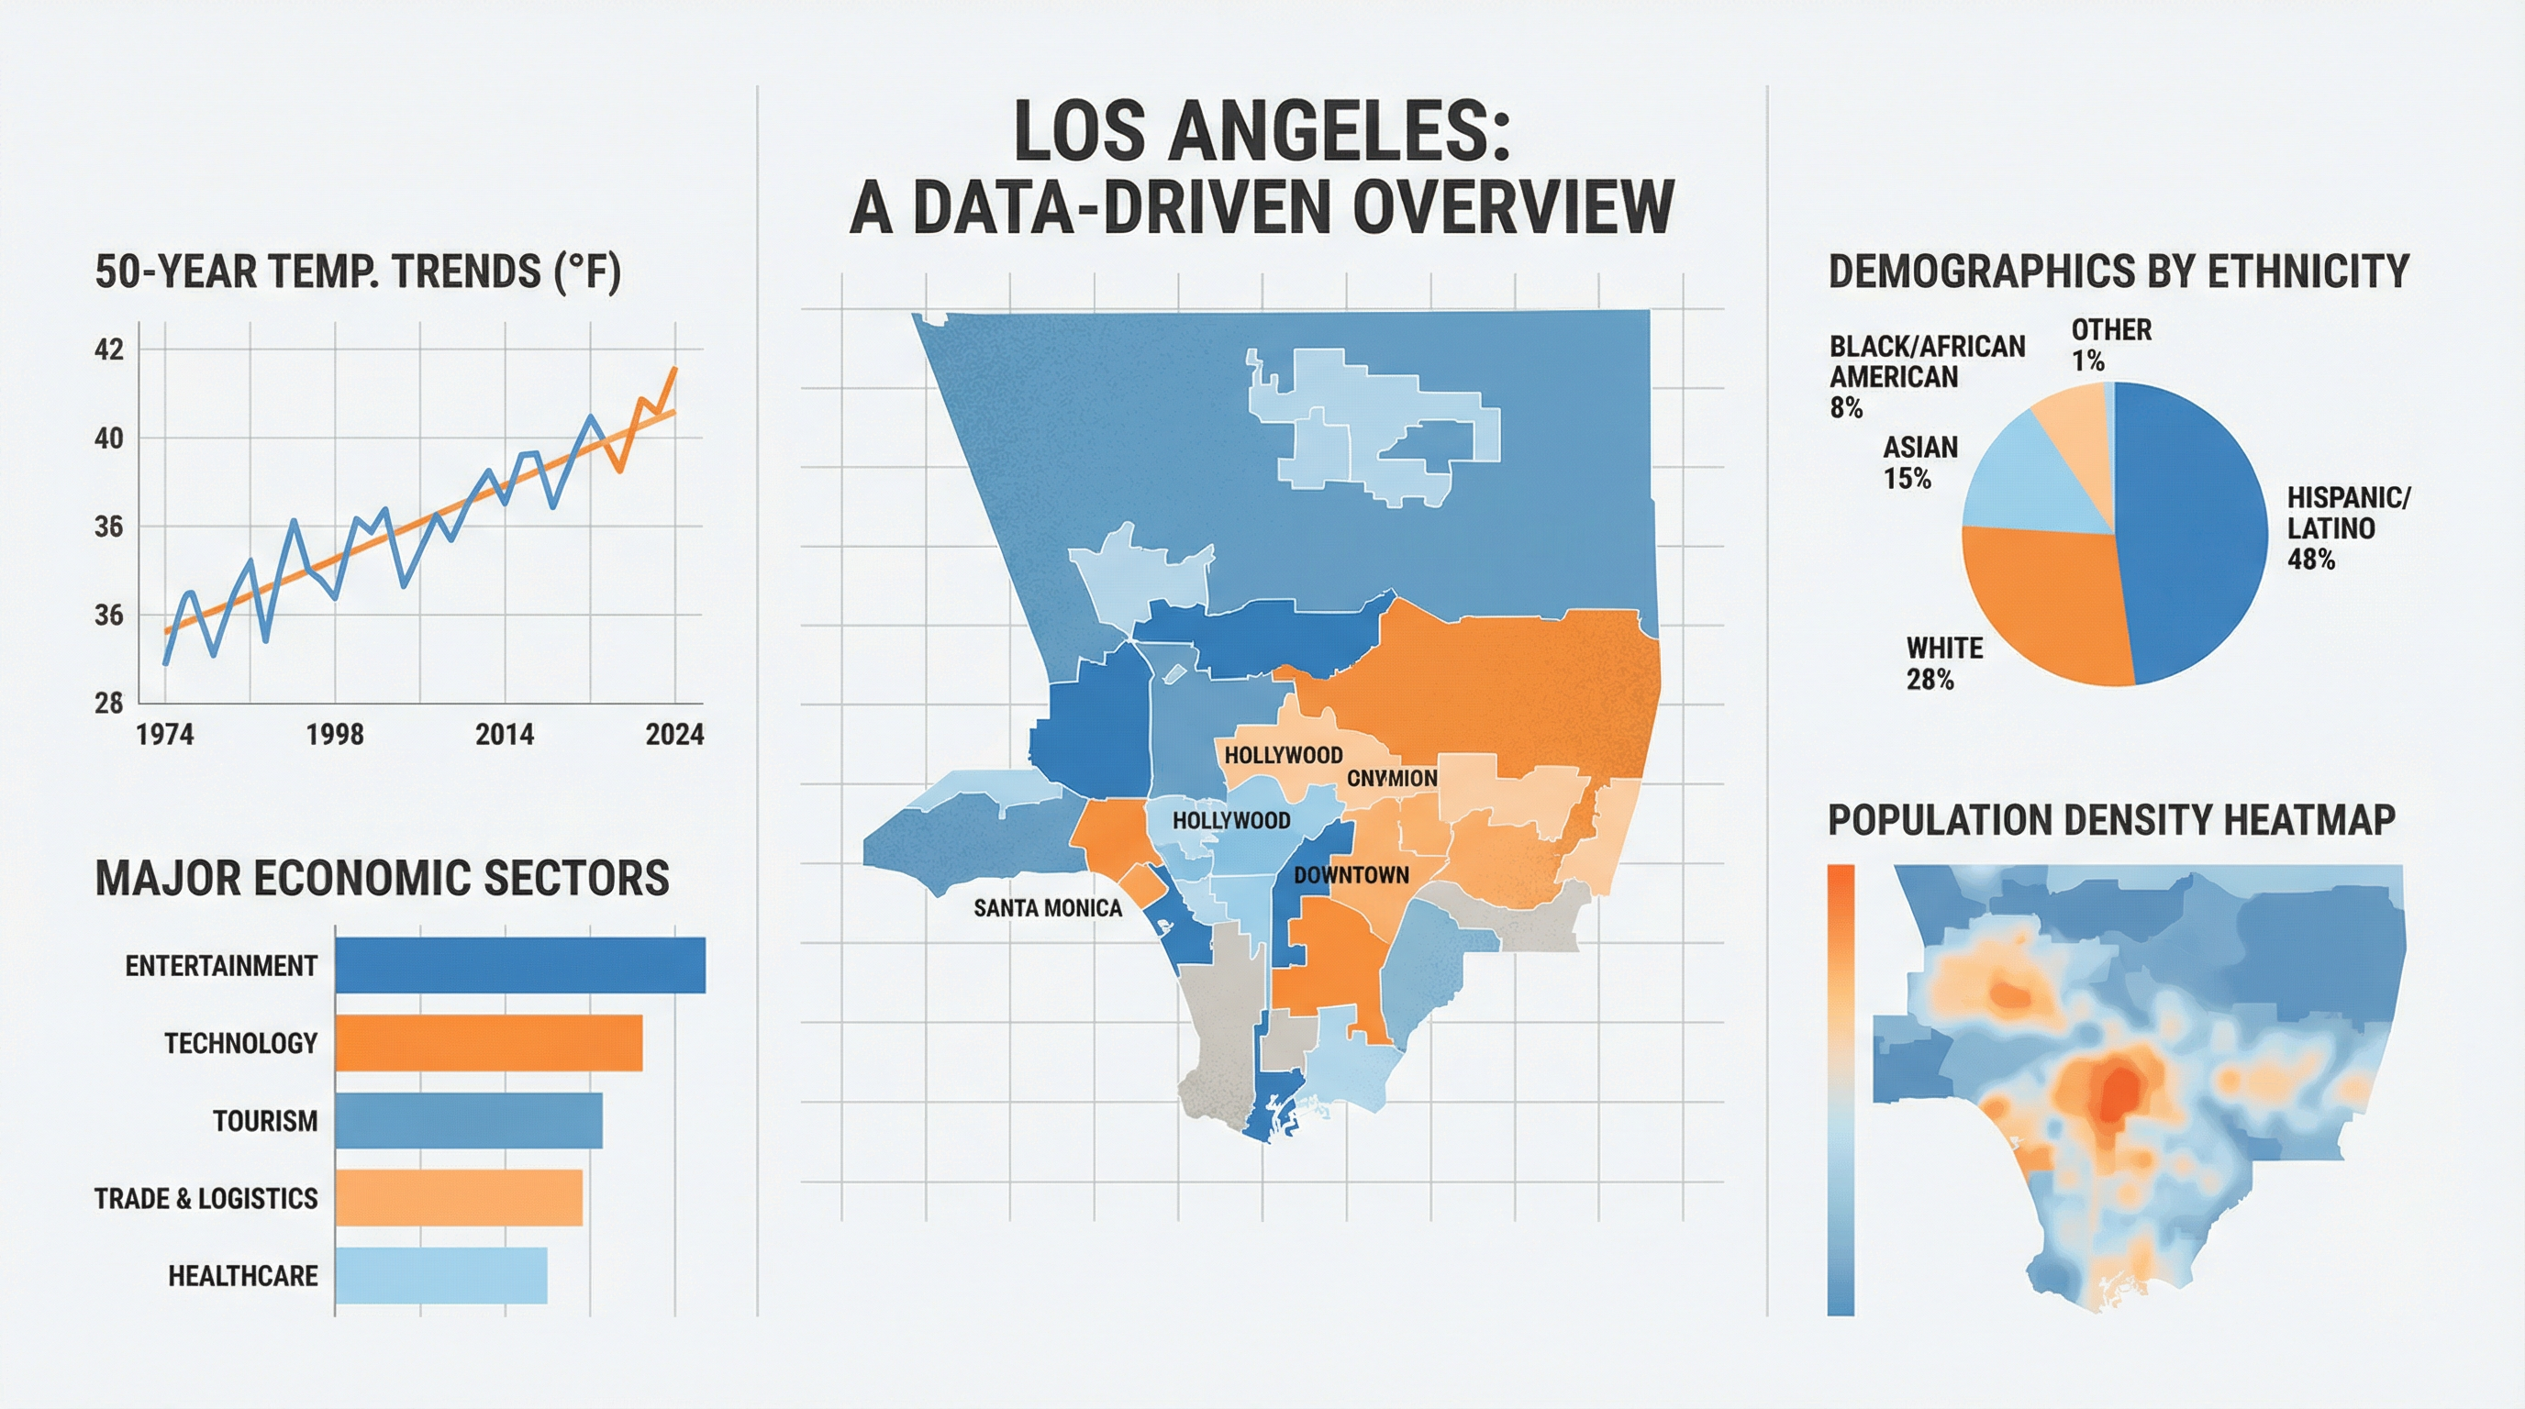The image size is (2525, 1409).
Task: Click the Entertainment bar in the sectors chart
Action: (519, 965)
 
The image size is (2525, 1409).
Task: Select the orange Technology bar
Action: (488, 1043)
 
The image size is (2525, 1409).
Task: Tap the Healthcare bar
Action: (441, 1276)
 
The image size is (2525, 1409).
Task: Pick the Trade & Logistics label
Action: (206, 1198)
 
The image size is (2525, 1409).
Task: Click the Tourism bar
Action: (469, 1120)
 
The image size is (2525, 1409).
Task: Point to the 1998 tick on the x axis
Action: (334, 734)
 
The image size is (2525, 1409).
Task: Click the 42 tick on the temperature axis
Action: (109, 349)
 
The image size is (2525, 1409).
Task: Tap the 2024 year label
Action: (674, 734)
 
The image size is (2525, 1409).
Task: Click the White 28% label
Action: (1943, 663)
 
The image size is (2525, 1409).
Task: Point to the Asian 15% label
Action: (1919, 462)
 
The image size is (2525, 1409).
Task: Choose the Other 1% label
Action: (2110, 345)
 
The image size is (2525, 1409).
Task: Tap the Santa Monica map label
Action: (1047, 908)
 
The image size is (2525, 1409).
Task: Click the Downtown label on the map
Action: (1351, 875)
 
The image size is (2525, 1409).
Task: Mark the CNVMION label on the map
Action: (1391, 778)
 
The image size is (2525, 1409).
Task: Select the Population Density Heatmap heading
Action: (2110, 819)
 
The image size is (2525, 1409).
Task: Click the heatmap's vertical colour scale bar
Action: (1840, 1088)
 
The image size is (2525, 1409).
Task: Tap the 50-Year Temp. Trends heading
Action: (358, 272)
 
